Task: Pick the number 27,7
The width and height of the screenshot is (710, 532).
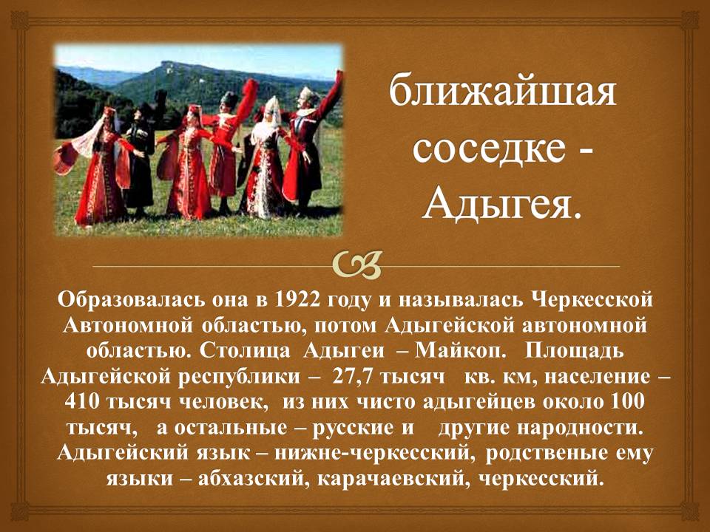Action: (352, 377)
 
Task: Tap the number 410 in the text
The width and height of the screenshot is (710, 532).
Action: (81, 402)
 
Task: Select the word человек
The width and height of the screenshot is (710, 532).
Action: (220, 402)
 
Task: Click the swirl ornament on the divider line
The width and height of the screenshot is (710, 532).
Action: (356, 265)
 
